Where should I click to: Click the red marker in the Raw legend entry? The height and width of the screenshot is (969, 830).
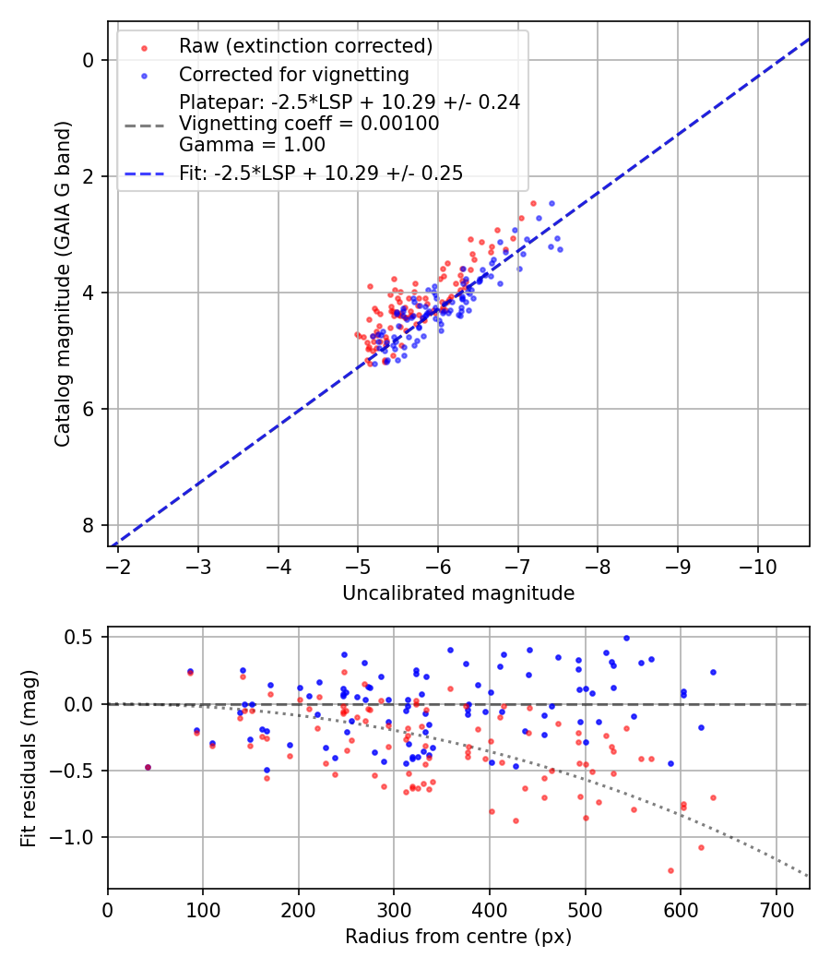pos(144,46)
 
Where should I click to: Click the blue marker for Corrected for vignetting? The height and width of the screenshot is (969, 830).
pos(144,75)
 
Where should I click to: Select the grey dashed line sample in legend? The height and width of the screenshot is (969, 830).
pos(144,124)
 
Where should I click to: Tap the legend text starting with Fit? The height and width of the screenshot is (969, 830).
pos(321,173)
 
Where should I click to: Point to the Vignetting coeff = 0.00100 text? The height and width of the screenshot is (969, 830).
pos(309,124)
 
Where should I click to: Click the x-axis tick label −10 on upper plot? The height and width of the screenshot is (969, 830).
pos(757,564)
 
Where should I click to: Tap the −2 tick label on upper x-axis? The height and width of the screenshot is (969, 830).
pos(118,564)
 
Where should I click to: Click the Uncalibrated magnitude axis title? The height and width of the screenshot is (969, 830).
pos(458,593)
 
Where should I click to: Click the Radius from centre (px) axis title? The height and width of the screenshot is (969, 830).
pos(458,937)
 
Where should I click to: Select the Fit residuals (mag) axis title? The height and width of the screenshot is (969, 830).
pos(29,758)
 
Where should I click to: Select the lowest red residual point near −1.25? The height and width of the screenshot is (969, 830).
pos(670,870)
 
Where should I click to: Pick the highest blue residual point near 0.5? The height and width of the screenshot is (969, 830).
pos(626,638)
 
